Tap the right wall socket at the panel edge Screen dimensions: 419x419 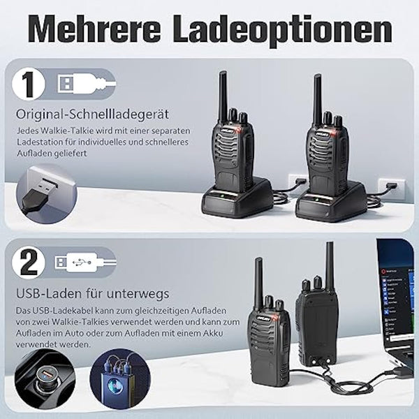point(390,186)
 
